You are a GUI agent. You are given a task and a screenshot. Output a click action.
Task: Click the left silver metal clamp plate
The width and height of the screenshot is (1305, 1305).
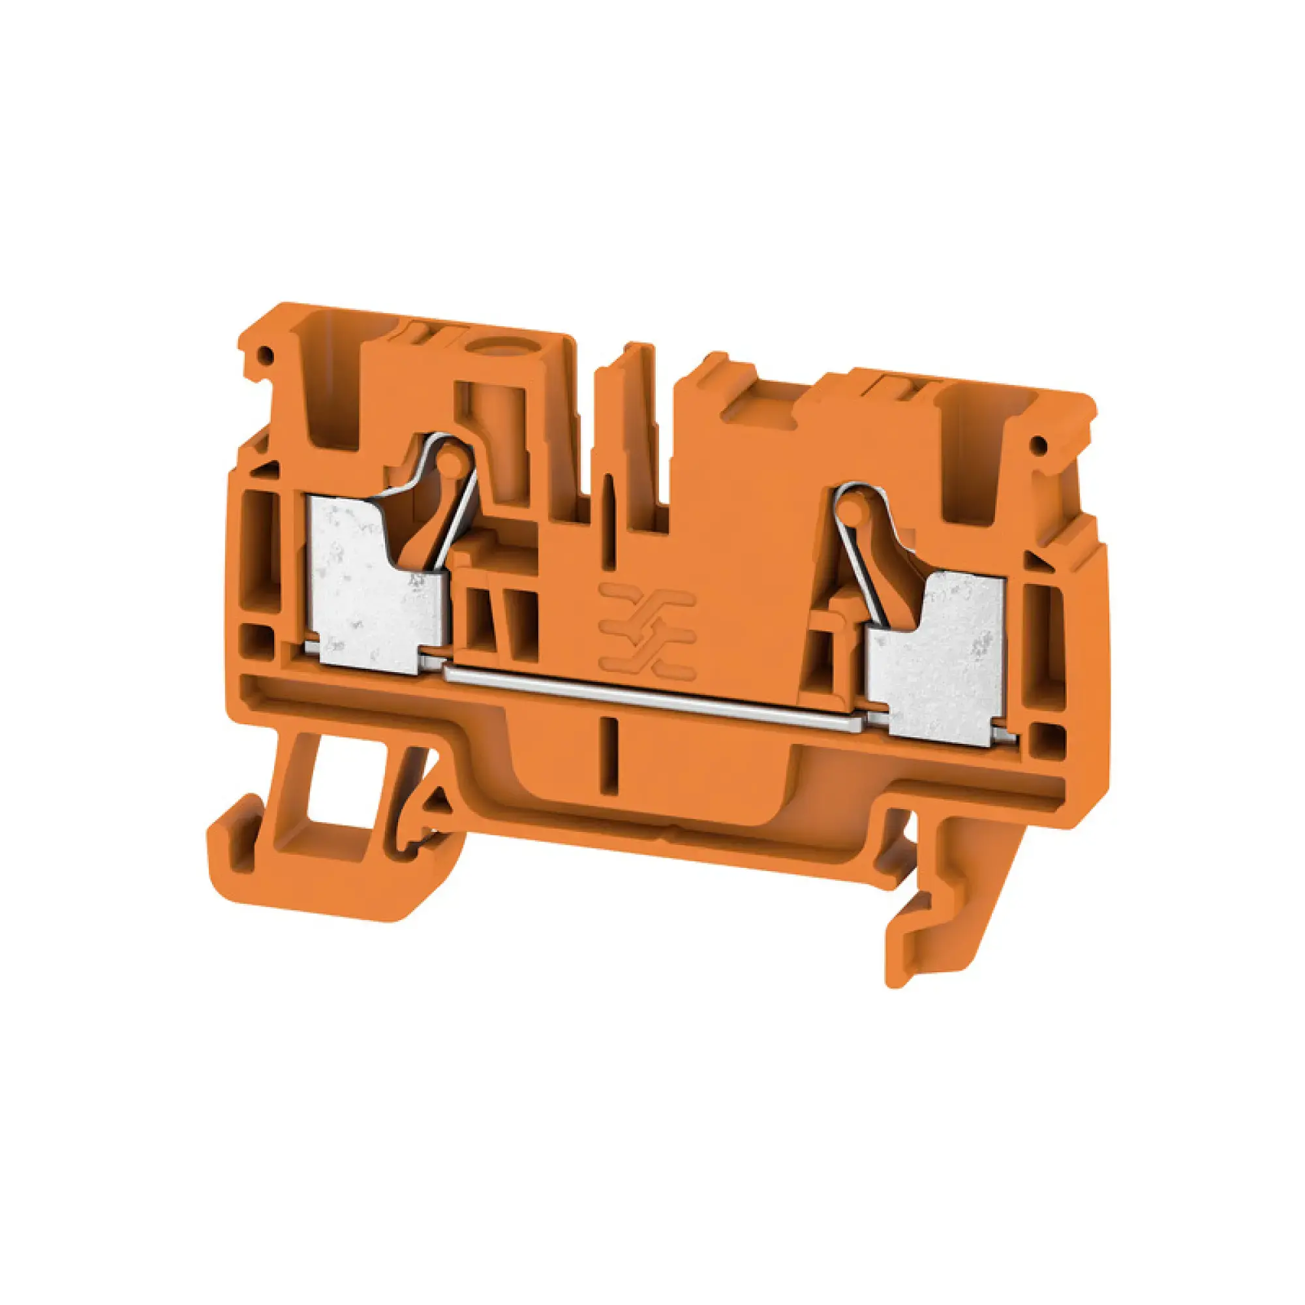365,594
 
